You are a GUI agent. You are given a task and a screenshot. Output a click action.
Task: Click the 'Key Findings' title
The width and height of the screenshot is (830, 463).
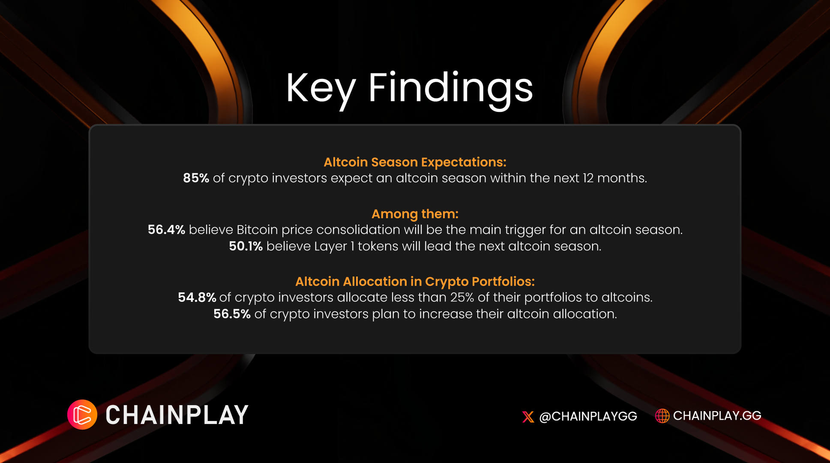[x=409, y=89]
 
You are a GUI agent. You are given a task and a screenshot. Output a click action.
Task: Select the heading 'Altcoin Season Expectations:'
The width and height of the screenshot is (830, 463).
[x=415, y=162]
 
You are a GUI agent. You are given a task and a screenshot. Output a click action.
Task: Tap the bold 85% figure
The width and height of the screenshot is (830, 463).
[x=196, y=178]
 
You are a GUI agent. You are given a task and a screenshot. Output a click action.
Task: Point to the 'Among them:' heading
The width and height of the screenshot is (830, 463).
[x=415, y=214]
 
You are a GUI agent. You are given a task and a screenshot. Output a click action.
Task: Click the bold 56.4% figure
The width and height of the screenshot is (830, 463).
[x=166, y=230]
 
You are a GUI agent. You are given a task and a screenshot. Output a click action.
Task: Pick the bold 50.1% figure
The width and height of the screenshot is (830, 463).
[x=246, y=246]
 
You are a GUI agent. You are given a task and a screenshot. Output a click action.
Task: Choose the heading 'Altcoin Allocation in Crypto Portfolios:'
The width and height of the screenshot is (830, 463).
[x=415, y=282]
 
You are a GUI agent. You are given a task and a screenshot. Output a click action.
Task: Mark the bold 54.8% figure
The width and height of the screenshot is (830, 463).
[x=197, y=297]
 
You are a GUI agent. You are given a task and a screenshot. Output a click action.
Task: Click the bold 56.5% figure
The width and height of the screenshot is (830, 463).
[x=232, y=314]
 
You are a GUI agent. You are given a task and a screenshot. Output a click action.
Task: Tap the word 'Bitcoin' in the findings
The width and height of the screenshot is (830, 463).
[x=257, y=230]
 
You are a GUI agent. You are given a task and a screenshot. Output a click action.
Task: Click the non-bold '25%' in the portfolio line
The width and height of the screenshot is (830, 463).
[x=462, y=297]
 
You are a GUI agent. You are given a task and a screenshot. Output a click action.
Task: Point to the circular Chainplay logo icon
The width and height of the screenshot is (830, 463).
[x=82, y=415]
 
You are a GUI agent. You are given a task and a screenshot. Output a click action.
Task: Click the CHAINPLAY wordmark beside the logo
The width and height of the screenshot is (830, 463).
[x=177, y=415]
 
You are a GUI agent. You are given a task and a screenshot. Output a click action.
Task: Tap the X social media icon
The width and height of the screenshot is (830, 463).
[x=528, y=417]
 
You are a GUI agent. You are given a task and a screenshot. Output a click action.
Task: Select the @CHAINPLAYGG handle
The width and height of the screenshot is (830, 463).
[x=588, y=416]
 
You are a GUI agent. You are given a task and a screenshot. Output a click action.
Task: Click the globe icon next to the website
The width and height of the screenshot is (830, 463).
[x=662, y=416]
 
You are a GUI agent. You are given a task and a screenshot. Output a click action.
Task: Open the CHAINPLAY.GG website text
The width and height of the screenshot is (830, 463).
[x=717, y=415]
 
